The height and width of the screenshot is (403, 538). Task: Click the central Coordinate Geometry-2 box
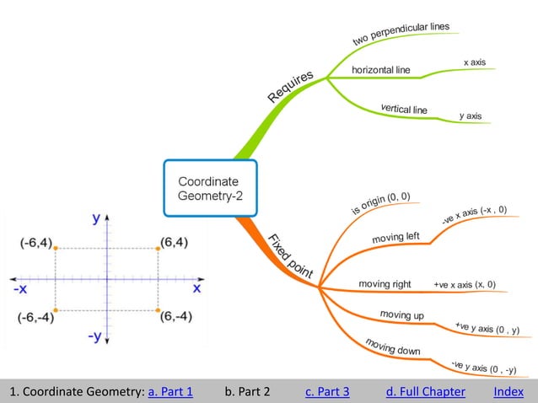click(208, 189)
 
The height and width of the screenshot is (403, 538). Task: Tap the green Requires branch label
click(291, 87)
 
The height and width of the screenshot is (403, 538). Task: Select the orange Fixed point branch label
click(290, 255)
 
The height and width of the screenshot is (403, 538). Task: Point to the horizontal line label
click(380, 70)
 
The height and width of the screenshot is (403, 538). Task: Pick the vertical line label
click(404, 109)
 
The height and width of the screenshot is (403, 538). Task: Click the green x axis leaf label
click(474, 62)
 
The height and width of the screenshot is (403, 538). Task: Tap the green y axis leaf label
click(471, 116)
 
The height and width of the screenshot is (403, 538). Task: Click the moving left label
click(395, 238)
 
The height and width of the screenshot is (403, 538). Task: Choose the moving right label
click(385, 284)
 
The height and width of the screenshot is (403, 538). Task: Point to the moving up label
click(401, 314)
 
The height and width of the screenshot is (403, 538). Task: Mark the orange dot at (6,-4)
click(158, 310)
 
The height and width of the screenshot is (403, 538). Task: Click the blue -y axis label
click(95, 336)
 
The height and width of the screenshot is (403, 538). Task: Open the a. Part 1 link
click(170, 391)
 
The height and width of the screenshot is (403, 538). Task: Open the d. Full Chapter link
click(425, 391)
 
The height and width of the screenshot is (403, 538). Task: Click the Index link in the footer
click(508, 391)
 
